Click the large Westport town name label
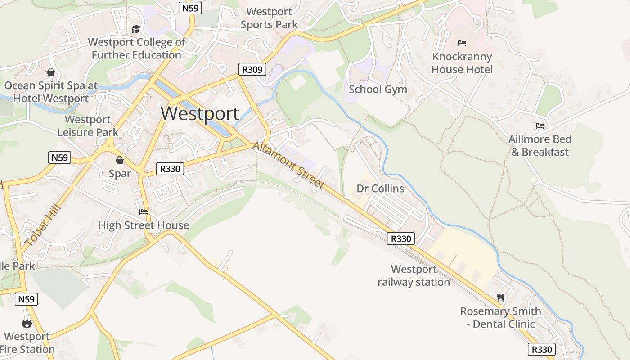200,113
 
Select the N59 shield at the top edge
190,8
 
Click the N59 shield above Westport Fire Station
26,299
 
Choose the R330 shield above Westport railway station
400,238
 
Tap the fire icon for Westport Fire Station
27,323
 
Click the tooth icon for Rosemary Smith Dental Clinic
500,297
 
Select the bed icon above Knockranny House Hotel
462,43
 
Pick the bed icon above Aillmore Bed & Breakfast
540,126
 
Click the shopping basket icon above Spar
120,160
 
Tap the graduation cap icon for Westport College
136,29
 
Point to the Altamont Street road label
288,166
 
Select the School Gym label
378,89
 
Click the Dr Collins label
380,188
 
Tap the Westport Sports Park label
269,18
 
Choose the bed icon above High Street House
144,211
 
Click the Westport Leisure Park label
88,126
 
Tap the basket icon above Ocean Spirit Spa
51,72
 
